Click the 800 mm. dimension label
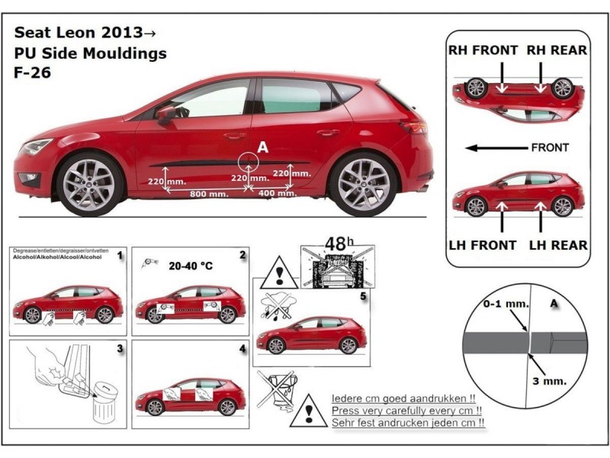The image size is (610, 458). pyautogui.click(x=209, y=195)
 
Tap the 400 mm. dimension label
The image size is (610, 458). pyautogui.click(x=278, y=194)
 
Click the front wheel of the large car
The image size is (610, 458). pyautogui.click(x=90, y=183)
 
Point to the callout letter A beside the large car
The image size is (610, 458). pyautogui.click(x=262, y=147)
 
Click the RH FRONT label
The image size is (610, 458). pyautogui.click(x=483, y=50)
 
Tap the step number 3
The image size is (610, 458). pyautogui.click(x=120, y=349)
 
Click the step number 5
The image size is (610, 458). pyautogui.click(x=363, y=294)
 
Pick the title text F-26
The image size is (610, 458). pyautogui.click(x=32, y=75)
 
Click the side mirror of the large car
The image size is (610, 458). pyautogui.click(x=165, y=114)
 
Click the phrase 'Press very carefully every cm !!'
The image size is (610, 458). pyautogui.click(x=409, y=410)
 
